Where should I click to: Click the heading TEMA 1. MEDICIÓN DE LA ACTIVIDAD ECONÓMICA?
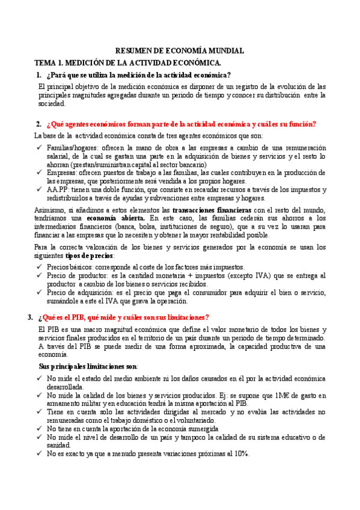pyautogui.click(x=128, y=63)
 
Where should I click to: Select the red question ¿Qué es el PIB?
pyautogui.click(x=123, y=318)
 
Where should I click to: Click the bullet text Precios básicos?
pyautogui.click(x=68, y=267)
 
